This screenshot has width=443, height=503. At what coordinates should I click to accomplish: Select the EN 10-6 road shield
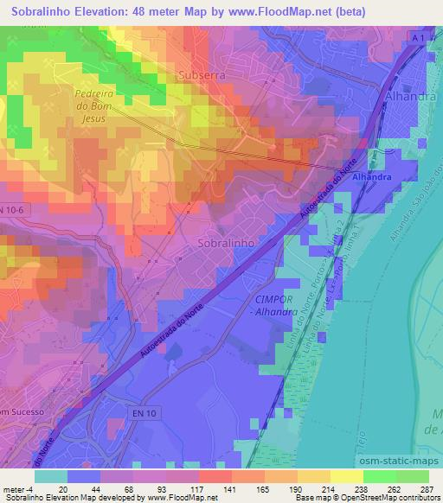coord(11,210)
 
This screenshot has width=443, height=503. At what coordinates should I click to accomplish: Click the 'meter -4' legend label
coord(18,488)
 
